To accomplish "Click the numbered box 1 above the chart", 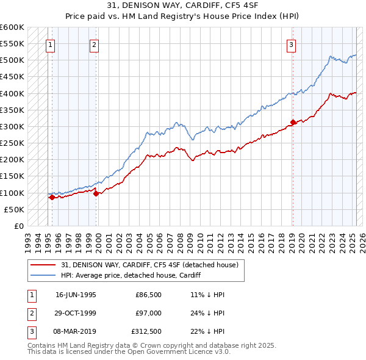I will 49,44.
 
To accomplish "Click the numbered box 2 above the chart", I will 95,44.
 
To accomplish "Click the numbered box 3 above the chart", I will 292,44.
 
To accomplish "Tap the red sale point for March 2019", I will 293,122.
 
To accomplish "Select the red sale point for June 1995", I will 52,197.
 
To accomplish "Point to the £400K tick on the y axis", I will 13,93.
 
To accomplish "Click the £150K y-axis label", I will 13,176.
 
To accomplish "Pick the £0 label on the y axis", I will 18,226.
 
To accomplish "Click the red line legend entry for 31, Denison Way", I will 153,265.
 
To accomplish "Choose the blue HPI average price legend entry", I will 131,276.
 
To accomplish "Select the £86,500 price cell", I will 148,293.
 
